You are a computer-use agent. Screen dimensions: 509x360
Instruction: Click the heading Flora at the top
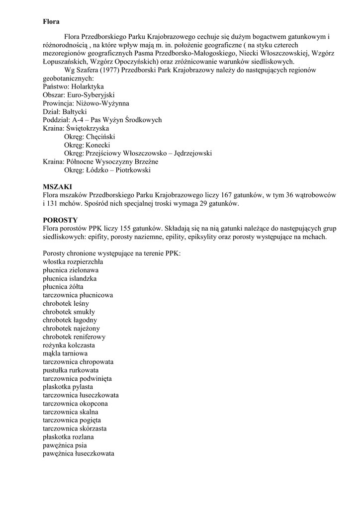coord(51,22)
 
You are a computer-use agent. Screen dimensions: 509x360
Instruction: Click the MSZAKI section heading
coord(57,186)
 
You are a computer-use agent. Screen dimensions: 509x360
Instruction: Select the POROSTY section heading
coord(60,220)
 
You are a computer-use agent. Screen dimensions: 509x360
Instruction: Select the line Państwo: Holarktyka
coord(73,86)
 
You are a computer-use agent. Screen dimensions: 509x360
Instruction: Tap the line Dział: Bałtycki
coord(65,112)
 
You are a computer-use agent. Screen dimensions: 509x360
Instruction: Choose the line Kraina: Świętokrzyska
coord(76,128)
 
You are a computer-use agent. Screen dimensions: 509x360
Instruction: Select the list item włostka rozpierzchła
coord(73,262)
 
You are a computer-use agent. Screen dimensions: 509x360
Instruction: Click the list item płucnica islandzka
coord(70,278)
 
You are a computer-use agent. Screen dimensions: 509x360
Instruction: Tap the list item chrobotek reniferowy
coord(74,337)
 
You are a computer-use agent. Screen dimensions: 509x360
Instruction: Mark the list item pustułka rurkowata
coord(71,370)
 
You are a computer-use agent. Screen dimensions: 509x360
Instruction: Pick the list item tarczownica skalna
coord(71,412)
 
